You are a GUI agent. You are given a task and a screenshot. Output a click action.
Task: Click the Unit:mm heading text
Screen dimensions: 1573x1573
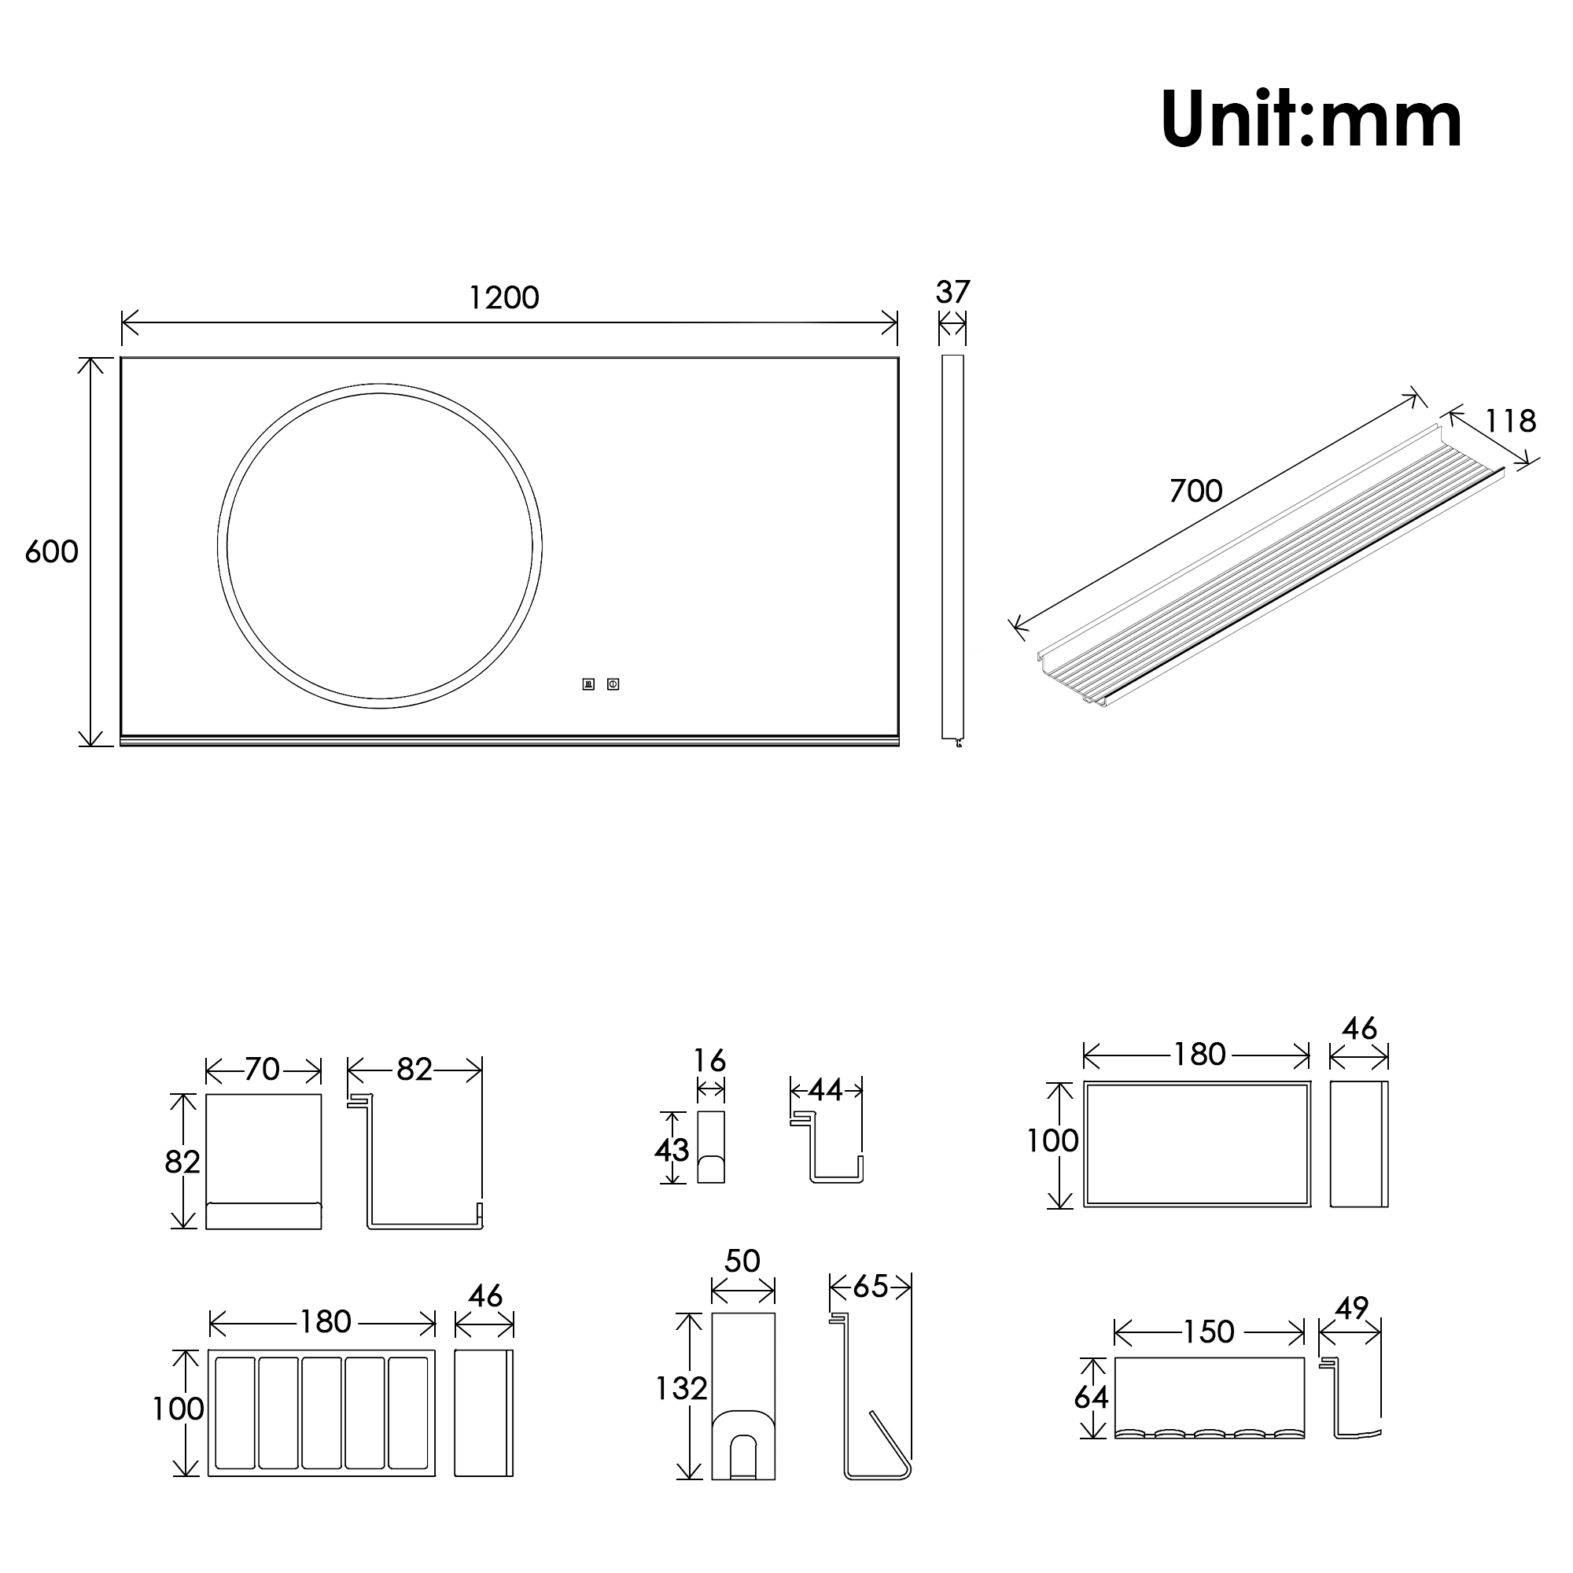click(x=1310, y=120)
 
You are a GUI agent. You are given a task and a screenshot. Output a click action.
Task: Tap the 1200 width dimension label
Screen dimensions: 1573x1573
click(x=504, y=298)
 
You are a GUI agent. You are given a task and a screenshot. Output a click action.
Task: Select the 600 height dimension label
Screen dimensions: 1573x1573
click(x=51, y=552)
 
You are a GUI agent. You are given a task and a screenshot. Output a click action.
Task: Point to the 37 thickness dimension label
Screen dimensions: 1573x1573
click(x=952, y=293)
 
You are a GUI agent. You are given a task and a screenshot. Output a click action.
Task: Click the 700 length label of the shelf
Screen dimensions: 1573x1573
click(x=1195, y=491)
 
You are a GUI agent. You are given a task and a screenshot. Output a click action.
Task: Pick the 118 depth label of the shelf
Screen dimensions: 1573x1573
click(x=1510, y=421)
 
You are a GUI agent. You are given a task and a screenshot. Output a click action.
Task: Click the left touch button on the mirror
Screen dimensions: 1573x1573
click(x=588, y=684)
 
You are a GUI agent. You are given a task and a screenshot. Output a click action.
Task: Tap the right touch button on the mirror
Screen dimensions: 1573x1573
click(x=613, y=684)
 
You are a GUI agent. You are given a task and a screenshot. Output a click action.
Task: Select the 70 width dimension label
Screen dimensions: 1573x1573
click(x=262, y=1069)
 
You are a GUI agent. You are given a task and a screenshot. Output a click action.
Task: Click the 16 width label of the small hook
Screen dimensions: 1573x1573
click(x=709, y=1061)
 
